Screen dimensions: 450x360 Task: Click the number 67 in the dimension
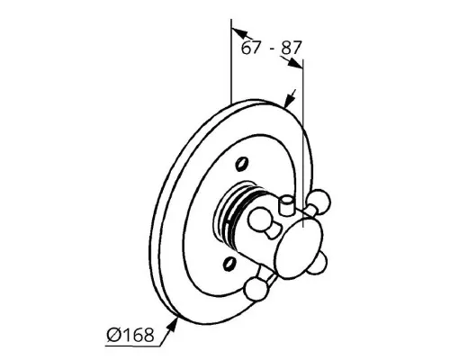pos(250,48)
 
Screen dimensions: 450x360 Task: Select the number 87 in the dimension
pos(290,48)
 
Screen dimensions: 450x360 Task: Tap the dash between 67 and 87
pos(272,49)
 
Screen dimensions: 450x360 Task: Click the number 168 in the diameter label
pos(139,335)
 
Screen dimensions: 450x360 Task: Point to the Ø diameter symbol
pos(114,335)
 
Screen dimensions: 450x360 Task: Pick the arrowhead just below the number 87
pos(295,63)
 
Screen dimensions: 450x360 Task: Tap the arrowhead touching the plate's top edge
pos(289,100)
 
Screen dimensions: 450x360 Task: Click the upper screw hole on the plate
pos(242,164)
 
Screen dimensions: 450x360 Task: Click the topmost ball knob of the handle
pos(319,200)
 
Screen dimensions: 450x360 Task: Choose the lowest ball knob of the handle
pos(256,289)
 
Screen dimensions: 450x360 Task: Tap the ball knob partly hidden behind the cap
pos(318,264)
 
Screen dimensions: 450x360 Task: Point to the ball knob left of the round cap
pos(259,220)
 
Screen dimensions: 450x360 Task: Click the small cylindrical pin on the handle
pos(287,205)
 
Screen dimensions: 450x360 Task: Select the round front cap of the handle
pos(300,249)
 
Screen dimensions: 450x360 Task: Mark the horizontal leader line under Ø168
pos(132,346)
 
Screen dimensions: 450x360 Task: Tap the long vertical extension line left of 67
pos(231,61)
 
